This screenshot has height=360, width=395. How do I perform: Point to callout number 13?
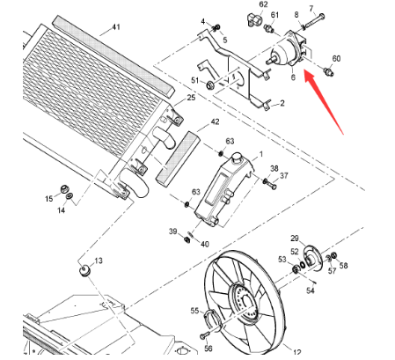99,261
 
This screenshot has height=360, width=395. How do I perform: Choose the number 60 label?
336,58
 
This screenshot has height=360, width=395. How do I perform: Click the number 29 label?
295,239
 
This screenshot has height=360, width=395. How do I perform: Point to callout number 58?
343,265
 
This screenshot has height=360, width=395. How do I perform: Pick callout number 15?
50,200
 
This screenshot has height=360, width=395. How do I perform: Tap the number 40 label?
204,244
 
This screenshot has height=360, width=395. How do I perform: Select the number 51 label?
195,81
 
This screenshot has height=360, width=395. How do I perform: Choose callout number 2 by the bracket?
282,104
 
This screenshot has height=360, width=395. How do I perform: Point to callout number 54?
310,290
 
